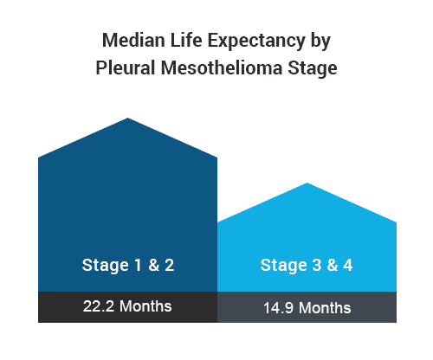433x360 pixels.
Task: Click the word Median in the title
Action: pyautogui.click(x=134, y=40)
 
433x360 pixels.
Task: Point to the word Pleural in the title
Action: pyautogui.click(x=126, y=67)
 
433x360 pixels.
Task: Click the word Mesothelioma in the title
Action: pyautogui.click(x=222, y=67)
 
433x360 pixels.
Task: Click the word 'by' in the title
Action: pyautogui.click(x=320, y=42)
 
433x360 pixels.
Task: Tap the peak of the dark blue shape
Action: pyautogui.click(x=128, y=118)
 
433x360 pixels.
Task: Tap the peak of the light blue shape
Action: pyautogui.click(x=307, y=183)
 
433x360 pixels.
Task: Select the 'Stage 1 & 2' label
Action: pyautogui.click(x=128, y=266)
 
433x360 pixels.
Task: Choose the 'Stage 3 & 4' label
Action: pyautogui.click(x=307, y=266)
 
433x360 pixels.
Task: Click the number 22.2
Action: pyautogui.click(x=99, y=306)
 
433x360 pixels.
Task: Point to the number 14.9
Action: pyautogui.click(x=278, y=308)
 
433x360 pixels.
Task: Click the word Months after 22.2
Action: pyautogui.click(x=145, y=306)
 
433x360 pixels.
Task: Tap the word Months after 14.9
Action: pyautogui.click(x=325, y=308)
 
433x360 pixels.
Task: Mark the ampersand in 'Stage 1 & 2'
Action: pyautogui.click(x=154, y=265)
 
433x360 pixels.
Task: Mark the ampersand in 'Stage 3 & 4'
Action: pyautogui.click(x=333, y=265)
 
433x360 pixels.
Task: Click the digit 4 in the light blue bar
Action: pyautogui.click(x=348, y=265)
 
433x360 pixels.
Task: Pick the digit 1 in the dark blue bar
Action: pyautogui.click(x=138, y=265)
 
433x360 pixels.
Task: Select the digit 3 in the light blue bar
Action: pyautogui.click(x=316, y=265)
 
